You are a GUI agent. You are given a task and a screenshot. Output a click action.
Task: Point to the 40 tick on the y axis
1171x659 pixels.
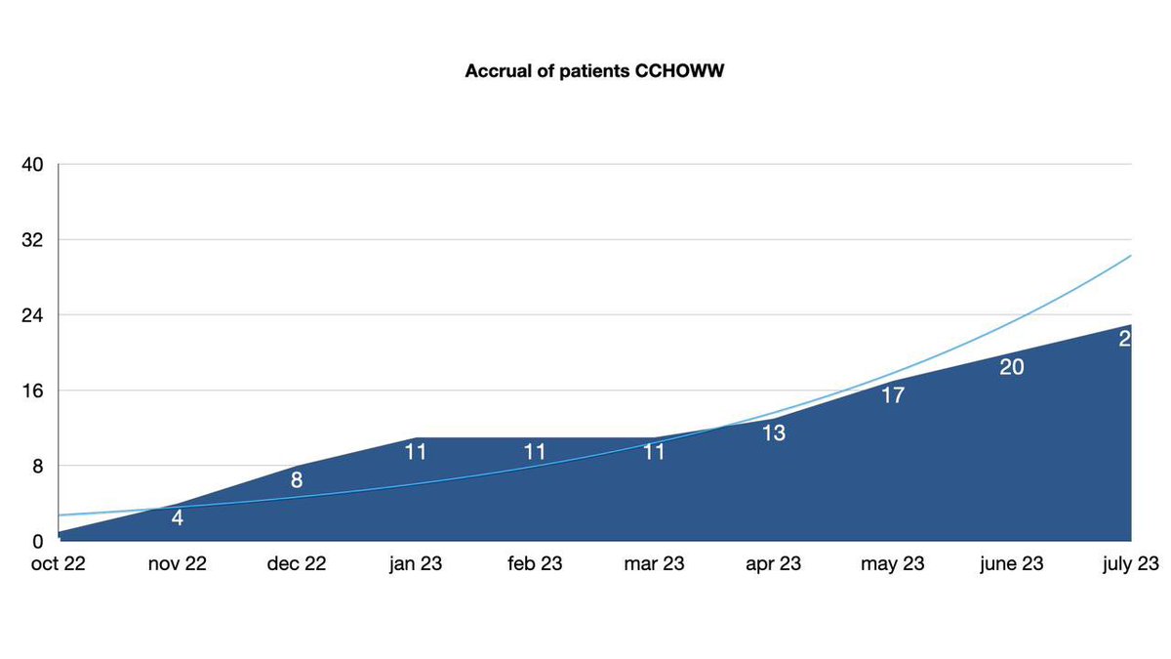click(32, 164)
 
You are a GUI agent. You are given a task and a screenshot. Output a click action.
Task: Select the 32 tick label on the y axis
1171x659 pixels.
click(32, 239)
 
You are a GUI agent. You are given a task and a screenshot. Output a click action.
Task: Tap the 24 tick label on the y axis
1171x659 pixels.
click(32, 315)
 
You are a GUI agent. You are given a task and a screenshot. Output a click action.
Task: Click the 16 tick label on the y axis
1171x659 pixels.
click(32, 391)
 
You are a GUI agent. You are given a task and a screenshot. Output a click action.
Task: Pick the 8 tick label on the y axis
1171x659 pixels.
click(37, 466)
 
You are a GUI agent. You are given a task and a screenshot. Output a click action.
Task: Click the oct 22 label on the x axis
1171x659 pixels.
click(60, 564)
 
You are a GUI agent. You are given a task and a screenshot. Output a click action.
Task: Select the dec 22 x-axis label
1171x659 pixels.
click(297, 564)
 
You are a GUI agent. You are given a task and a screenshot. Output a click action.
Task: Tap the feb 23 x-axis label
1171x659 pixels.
click(535, 564)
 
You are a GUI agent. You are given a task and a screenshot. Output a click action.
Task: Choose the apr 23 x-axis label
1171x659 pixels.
click(773, 564)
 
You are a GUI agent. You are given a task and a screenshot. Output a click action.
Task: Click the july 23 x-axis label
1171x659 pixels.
click(1128, 564)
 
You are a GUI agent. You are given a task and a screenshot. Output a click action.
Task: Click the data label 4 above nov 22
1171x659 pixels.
click(178, 518)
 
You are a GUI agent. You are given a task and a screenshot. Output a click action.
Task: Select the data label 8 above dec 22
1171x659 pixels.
click(297, 480)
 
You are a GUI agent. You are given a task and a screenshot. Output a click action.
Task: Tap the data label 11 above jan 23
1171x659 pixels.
click(417, 452)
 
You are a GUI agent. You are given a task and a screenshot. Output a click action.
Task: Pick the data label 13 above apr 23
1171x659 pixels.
click(774, 433)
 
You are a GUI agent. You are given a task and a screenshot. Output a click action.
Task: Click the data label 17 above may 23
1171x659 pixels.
click(893, 395)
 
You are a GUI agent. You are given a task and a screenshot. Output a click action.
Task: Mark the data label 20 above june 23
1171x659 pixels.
click(1011, 367)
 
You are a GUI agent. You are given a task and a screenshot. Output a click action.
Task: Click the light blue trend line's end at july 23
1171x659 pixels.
click(1130, 256)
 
